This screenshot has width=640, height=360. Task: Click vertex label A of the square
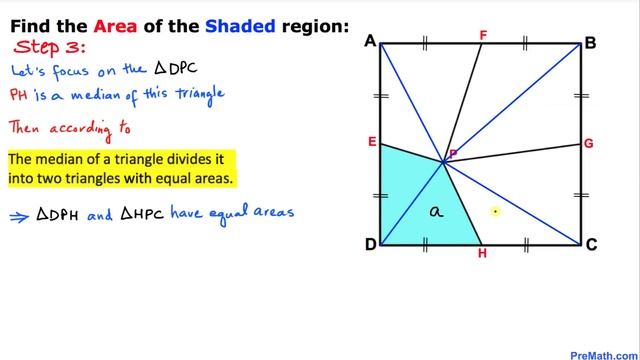[x=370, y=41]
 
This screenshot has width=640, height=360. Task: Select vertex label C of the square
[x=591, y=246]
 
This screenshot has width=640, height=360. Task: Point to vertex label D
[x=370, y=246]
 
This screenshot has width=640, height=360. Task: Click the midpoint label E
[x=371, y=143]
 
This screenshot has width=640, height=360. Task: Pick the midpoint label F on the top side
[x=483, y=35]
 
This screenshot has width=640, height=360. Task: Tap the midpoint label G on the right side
[x=589, y=144]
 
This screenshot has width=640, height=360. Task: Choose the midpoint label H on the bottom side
[x=482, y=255]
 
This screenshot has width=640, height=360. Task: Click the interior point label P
[x=453, y=154]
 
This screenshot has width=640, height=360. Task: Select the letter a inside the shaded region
[x=434, y=211]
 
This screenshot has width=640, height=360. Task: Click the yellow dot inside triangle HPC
[x=495, y=211]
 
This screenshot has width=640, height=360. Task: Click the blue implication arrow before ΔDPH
[x=19, y=214]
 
